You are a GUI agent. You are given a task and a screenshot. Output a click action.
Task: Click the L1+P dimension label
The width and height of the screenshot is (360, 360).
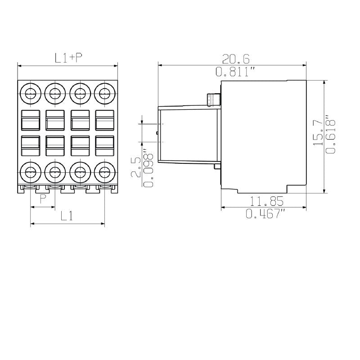pyautogui.click(x=68, y=58)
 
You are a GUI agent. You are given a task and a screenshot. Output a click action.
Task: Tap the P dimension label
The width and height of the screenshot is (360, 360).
pyautogui.click(x=43, y=199)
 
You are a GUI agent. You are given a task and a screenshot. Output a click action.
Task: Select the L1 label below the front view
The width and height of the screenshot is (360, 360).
pyautogui.click(x=67, y=216)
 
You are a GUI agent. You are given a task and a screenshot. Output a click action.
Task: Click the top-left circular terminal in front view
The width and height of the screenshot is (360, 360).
pyautogui.click(x=31, y=94)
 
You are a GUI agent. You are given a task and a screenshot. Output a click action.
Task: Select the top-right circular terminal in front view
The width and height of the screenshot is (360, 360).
pyautogui.click(x=104, y=94)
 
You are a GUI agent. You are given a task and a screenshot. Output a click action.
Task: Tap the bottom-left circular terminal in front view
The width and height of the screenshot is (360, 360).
pyautogui.click(x=31, y=171)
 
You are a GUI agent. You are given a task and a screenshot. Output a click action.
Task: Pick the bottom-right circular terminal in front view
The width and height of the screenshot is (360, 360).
pyautogui.click(x=104, y=171)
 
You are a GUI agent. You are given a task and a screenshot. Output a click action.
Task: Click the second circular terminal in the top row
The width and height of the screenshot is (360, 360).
pyautogui.click(x=55, y=94)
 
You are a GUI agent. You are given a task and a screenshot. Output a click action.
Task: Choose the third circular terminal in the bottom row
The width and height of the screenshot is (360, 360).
pyautogui.click(x=80, y=171)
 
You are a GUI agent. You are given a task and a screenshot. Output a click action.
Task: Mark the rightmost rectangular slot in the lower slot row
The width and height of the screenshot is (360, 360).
pyautogui.click(x=104, y=144)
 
